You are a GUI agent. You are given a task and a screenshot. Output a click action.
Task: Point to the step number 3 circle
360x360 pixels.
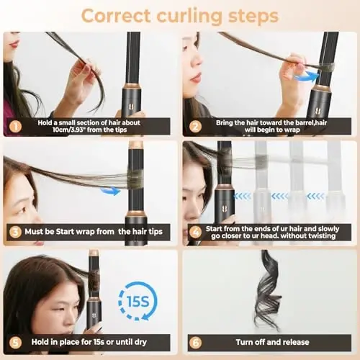click(x=13, y=233)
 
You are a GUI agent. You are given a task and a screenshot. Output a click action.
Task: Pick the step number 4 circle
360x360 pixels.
click(x=193, y=233)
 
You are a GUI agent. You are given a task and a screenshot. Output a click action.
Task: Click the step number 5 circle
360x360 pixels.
click(x=13, y=343)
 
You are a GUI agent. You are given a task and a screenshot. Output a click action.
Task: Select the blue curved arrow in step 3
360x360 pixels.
click(x=110, y=191)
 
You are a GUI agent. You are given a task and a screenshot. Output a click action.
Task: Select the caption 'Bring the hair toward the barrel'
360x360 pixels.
click(x=271, y=125)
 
